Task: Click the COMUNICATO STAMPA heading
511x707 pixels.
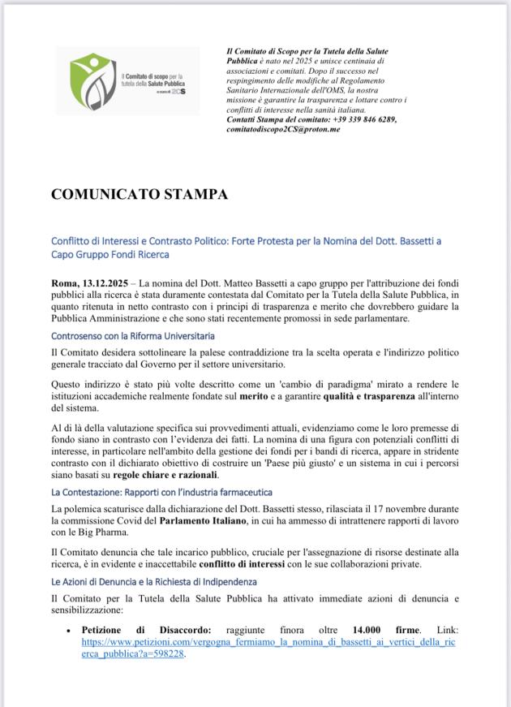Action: [x=140, y=195]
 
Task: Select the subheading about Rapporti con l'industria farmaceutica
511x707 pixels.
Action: [x=161, y=492]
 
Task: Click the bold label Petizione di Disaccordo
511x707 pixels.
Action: [x=147, y=630]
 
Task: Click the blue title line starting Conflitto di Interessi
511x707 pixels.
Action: [x=246, y=241]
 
